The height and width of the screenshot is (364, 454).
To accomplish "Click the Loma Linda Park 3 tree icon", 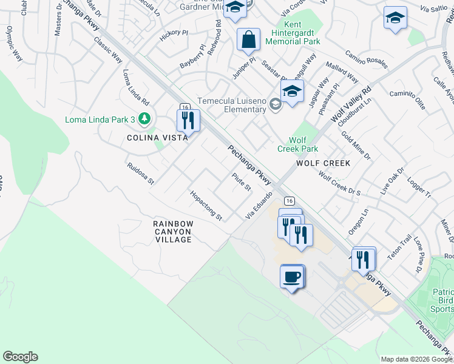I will coord(144,118).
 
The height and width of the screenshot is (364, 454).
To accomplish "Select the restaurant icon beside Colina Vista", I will coord(188,120).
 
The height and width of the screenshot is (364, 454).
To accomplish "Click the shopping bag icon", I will coord(248,40).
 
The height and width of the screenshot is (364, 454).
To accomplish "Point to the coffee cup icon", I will coord(292,277).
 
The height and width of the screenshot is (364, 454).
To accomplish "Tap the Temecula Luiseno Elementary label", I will coord(232,104).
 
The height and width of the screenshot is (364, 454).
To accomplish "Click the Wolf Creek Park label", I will coord(297,144).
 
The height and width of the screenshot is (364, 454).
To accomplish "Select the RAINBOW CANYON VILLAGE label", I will coord(173,232).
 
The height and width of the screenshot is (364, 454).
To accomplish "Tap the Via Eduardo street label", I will coord(257,206).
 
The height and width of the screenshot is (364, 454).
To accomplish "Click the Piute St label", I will coord(241,181).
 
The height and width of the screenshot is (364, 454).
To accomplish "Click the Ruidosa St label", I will coord(141,172).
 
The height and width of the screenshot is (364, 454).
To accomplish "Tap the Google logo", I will coord(20,357).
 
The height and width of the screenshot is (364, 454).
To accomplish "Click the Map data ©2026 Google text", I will coord(416,359).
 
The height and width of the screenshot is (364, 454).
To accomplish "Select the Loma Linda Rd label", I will coord(136,86).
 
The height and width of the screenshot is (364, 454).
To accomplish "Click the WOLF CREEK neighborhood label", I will coord(323,163).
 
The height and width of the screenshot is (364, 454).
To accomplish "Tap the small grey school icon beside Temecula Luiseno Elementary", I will coord(276,105).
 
